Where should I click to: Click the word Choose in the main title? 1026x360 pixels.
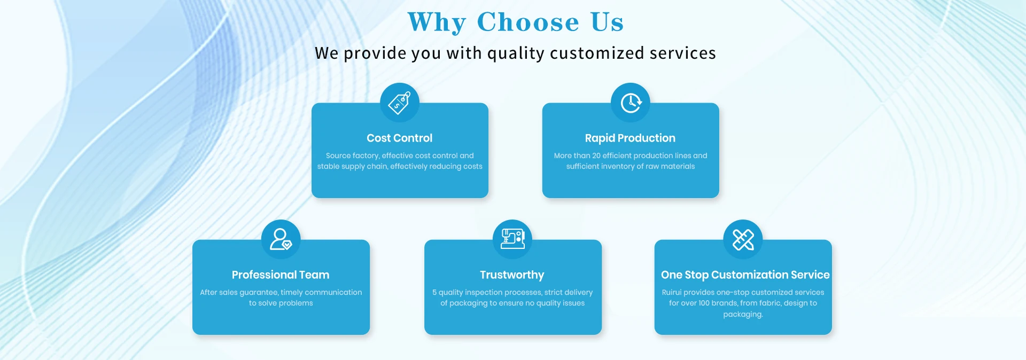point(528,22)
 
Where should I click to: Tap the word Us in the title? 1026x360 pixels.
point(607,22)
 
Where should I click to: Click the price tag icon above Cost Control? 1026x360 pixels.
point(399,103)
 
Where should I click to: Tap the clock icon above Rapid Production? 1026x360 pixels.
point(631,103)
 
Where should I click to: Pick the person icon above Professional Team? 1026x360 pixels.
point(281,239)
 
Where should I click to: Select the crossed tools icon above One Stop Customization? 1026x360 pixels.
point(743,239)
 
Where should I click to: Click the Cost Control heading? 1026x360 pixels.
point(400,138)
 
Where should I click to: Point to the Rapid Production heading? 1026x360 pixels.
point(630,138)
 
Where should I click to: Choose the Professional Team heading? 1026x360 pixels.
point(281,275)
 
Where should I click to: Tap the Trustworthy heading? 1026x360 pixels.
point(512,275)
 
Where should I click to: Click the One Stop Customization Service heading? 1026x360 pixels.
point(745,275)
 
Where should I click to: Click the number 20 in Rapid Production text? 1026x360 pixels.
point(596,155)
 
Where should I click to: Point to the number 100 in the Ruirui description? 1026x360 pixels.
point(704,303)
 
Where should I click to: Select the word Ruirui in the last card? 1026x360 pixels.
point(672,292)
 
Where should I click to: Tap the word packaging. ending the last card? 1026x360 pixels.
point(743,315)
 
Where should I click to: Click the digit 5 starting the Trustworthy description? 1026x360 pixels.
point(434,292)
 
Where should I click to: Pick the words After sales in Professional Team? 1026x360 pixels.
point(219,292)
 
